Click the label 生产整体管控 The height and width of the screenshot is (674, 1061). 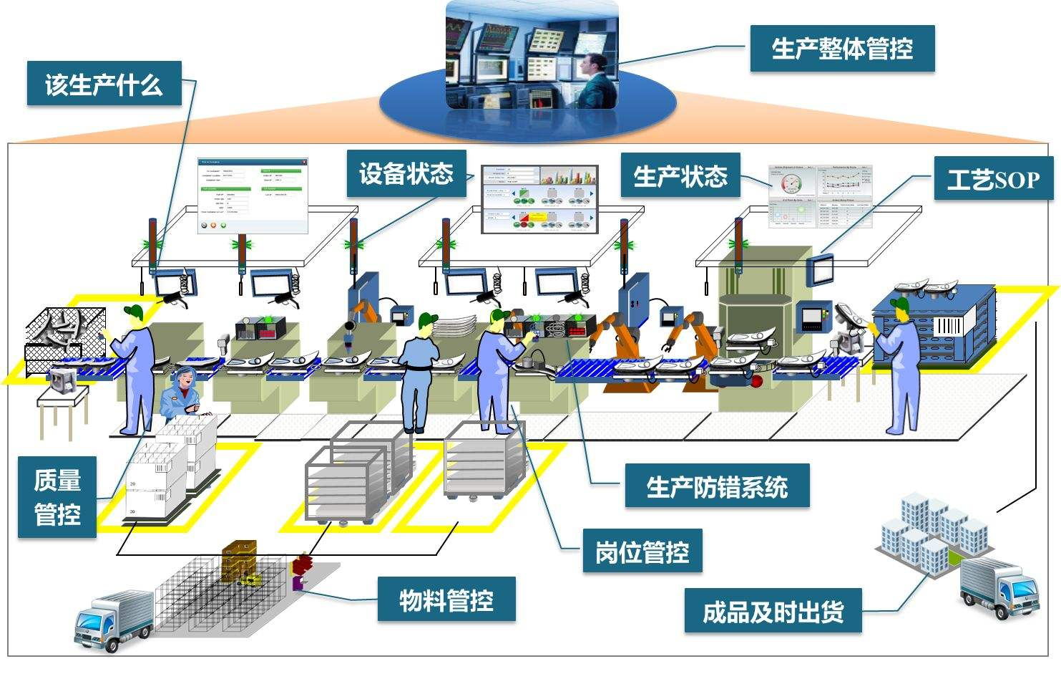pyautogui.click(x=842, y=49)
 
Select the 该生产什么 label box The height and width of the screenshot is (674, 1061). pyautogui.click(x=104, y=85)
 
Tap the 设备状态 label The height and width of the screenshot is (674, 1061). pyautogui.click(x=406, y=173)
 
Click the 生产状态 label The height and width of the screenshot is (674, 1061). pyautogui.click(x=680, y=175)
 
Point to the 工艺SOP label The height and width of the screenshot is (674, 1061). pyautogui.click(x=993, y=179)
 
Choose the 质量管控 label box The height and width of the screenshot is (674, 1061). pyautogui.click(x=57, y=497)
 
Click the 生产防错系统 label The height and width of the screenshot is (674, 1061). pyautogui.click(x=717, y=487)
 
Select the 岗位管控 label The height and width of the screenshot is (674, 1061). pyautogui.click(x=642, y=551)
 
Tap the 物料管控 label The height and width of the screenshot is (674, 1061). pyautogui.click(x=446, y=599)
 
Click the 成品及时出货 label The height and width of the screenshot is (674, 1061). pyautogui.click(x=773, y=611)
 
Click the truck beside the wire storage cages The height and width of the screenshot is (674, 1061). pyautogui.click(x=114, y=620)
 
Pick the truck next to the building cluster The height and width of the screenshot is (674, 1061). pyautogui.click(x=999, y=587)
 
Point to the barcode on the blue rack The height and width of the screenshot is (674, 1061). pyautogui.click(x=949, y=326)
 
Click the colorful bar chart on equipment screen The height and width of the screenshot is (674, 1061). pyautogui.click(x=567, y=176)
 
